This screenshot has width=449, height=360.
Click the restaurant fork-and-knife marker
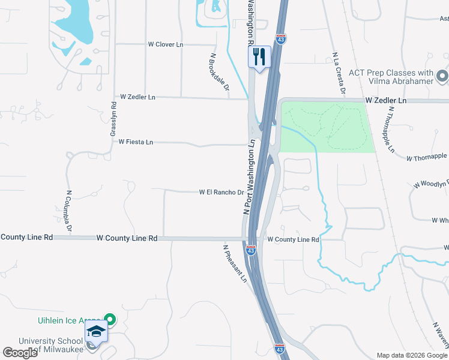(x=259, y=57)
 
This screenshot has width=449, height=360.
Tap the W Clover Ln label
(x=166, y=44)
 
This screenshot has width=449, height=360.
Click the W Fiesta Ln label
(x=136, y=142)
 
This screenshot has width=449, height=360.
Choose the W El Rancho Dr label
(x=221, y=193)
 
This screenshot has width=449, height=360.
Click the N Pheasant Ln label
(x=235, y=263)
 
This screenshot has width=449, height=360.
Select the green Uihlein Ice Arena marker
(x=110, y=319)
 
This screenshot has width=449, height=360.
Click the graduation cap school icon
(x=96, y=331)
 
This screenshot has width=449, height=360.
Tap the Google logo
(x=20, y=353)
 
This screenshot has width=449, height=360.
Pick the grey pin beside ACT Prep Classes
(x=442, y=76)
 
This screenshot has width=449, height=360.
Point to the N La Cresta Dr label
(x=339, y=74)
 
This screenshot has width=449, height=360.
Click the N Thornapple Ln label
(x=390, y=129)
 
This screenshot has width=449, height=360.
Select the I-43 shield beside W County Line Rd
(x=252, y=250)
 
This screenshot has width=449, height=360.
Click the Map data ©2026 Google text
(x=411, y=355)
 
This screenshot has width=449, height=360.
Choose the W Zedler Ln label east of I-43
(x=387, y=100)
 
